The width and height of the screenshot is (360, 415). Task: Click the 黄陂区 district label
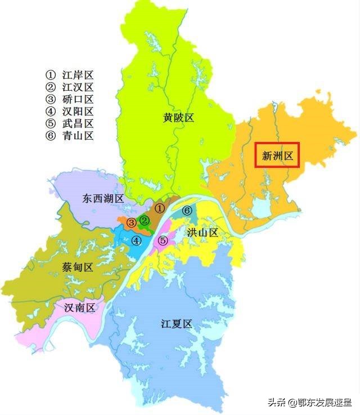click(178, 118)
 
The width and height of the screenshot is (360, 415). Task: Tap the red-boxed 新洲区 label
click(278, 155)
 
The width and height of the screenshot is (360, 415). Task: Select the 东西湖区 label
click(103, 198)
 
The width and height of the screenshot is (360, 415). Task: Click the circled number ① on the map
click(160, 208)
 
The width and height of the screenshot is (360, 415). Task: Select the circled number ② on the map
click(145, 220)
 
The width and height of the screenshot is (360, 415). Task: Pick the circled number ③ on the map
click(130, 223)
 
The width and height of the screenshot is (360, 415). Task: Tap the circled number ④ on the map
click(136, 240)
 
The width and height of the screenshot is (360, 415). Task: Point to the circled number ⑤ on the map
click(163, 240)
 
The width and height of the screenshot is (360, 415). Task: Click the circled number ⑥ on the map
click(187, 211)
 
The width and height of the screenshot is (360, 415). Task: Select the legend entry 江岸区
click(70, 75)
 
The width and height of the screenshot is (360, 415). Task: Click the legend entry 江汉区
click(70, 87)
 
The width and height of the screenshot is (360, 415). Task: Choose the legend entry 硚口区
click(70, 100)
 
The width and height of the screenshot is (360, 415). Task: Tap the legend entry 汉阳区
click(70, 111)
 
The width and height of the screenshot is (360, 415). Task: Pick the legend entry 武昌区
click(70, 123)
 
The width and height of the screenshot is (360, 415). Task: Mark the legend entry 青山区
click(70, 136)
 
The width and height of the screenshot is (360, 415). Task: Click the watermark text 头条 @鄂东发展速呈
click(309, 402)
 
